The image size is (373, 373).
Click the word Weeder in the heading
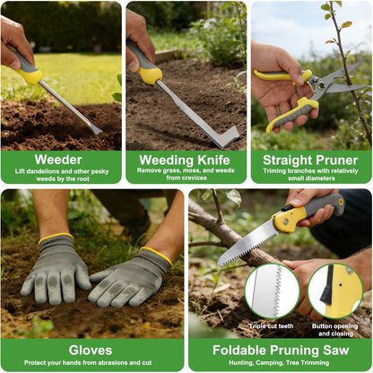tap(58, 160)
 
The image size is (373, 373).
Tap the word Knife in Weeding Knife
tap(213, 160)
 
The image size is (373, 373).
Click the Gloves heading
tap(91, 351)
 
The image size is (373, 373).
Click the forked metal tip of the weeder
tap(97, 130)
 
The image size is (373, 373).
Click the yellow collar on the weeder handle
tap(30, 76)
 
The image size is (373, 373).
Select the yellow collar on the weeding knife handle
tap(149, 75)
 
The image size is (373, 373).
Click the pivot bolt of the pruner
tap(322, 85)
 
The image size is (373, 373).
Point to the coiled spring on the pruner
tap(299, 91)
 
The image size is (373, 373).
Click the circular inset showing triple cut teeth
tap(272, 291)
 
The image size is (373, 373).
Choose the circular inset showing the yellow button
tap(335, 291)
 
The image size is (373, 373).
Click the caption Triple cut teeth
tap(271, 326)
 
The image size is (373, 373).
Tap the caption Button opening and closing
tap(335, 330)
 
